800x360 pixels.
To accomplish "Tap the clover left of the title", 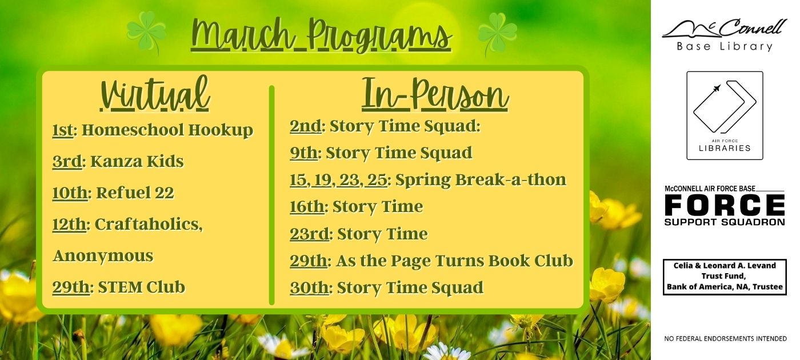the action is point(146,31).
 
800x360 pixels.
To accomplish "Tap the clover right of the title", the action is point(498,33).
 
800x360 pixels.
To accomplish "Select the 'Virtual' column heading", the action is point(155,94).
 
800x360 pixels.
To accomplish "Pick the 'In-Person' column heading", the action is point(435,94).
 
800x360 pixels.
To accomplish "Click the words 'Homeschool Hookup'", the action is point(167,130).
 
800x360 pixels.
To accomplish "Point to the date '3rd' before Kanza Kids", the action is point(67,161).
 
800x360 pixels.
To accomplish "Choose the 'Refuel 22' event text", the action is point(135,193).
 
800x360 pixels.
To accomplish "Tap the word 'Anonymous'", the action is point(103,256).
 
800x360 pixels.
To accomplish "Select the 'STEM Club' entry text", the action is point(142,287).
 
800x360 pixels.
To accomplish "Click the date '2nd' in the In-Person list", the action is point(306,126).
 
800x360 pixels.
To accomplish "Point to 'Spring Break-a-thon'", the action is point(481,179).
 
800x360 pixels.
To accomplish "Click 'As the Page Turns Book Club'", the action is point(455,261).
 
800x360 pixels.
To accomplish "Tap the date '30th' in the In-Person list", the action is point(309,288).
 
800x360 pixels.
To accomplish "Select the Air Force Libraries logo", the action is point(725,115).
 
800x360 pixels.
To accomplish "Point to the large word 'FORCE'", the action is point(725,205).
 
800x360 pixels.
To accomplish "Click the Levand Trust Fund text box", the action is point(725,277).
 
